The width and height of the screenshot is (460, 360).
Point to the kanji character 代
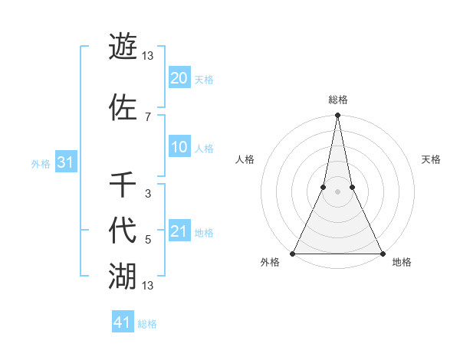123,231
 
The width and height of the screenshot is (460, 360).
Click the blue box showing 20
179,78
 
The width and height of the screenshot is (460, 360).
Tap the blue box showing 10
179,148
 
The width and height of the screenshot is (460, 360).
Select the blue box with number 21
179,232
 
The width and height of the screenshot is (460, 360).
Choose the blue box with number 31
65,162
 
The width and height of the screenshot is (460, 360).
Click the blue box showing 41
123,322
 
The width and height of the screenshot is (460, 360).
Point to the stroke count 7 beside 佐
147,116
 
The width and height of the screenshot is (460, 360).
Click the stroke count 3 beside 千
147,194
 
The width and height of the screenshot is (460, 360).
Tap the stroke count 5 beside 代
147,240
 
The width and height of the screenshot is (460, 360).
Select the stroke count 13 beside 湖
147,286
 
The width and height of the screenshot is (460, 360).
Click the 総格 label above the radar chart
337,100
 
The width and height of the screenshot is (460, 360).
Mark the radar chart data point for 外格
293,253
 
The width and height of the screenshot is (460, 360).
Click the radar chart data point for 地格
382,253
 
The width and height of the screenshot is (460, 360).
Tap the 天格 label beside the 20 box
204,80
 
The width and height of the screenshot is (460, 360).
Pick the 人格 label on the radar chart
245,159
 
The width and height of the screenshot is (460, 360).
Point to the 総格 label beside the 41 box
147,324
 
